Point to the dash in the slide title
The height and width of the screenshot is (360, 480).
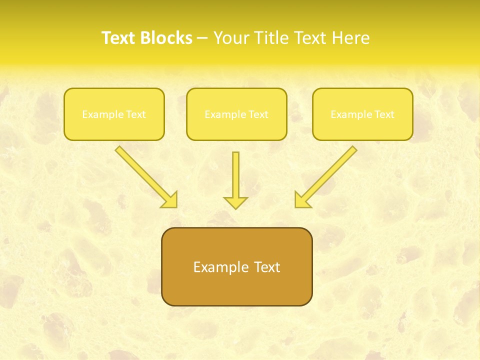(202, 38)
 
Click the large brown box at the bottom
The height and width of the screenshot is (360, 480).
(236, 290)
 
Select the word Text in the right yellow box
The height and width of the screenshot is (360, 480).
(384, 114)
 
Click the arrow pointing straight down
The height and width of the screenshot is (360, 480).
(235, 175)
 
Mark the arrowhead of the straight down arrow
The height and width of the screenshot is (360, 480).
(235, 202)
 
